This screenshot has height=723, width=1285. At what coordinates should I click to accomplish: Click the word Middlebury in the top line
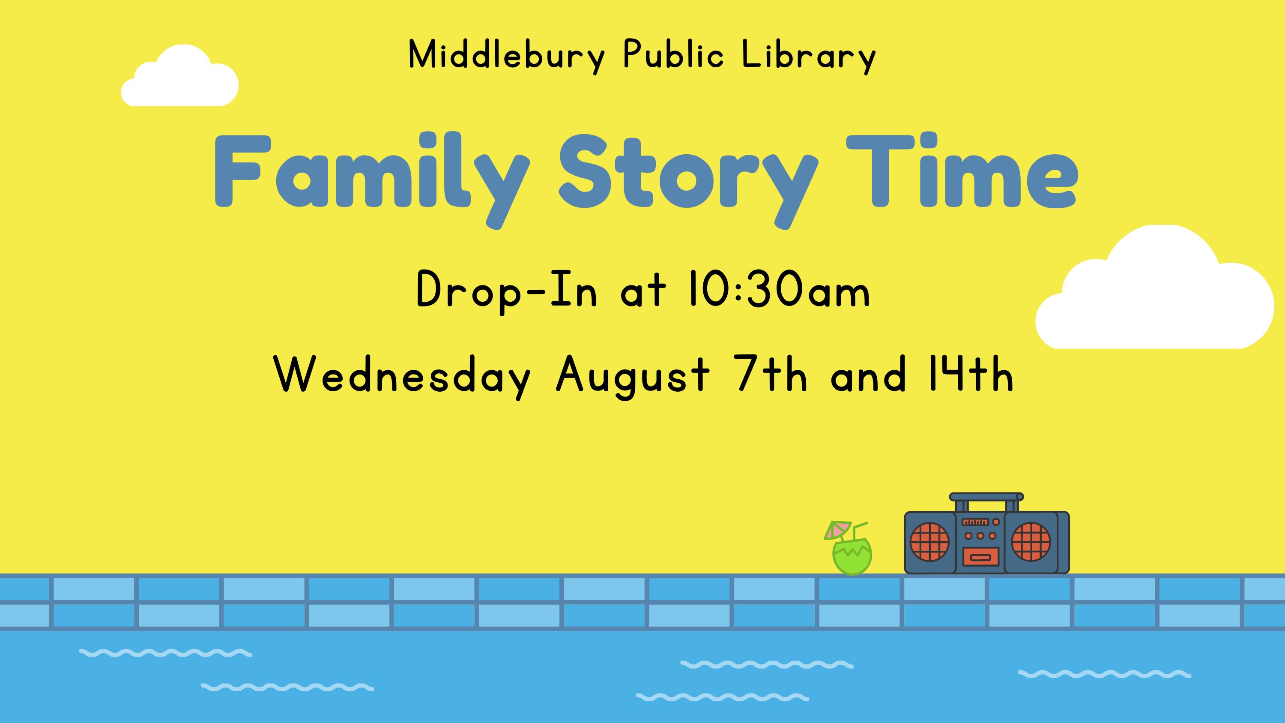tap(507, 56)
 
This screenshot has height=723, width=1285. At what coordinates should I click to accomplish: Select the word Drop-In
tap(506, 292)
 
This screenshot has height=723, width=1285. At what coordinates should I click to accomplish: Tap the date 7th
tap(771, 375)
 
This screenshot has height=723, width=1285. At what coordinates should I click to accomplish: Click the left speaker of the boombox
tap(929, 541)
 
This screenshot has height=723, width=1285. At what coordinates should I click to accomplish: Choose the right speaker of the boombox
tap(1031, 541)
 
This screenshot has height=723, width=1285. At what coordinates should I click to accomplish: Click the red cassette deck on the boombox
tap(980, 557)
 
